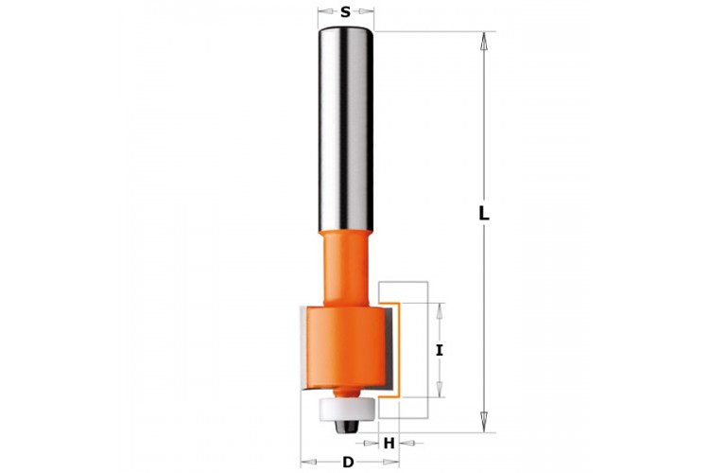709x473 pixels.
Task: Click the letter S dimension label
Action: tap(345, 12)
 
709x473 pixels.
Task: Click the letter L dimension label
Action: tap(484, 214)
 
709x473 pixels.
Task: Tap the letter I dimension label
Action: tap(439, 350)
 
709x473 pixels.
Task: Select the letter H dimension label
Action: tap(389, 444)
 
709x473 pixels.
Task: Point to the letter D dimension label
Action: tap(348, 463)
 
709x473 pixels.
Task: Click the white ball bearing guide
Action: tap(347, 410)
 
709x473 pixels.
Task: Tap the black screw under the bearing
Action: tap(347, 426)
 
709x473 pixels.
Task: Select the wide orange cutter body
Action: tap(346, 347)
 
